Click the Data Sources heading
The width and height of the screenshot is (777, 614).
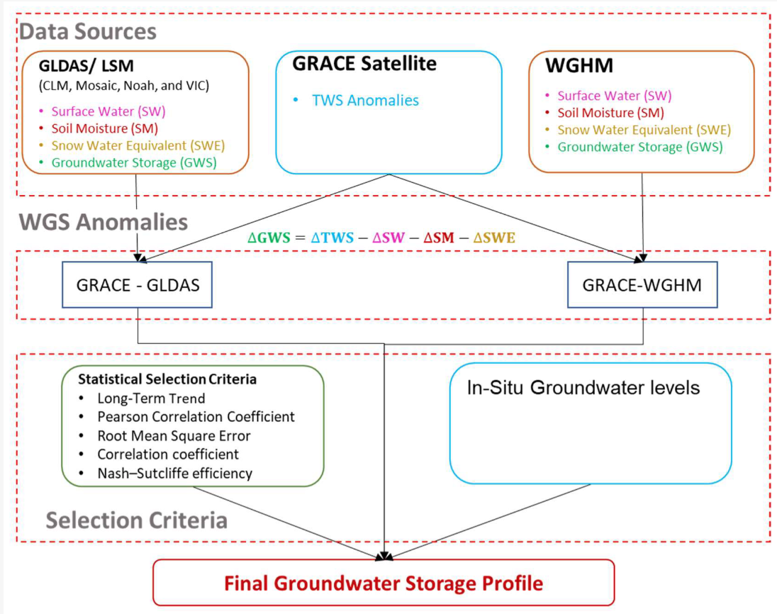click(x=87, y=31)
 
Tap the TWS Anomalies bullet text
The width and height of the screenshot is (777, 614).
click(x=365, y=100)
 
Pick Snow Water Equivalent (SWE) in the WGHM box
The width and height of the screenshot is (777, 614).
click(x=644, y=130)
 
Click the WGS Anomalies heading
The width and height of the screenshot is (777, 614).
click(x=103, y=222)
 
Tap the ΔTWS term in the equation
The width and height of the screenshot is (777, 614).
click(x=331, y=238)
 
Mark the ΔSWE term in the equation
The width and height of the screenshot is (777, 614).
click(x=494, y=238)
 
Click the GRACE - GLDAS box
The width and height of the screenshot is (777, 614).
click(x=136, y=285)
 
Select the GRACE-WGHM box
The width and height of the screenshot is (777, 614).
click(x=642, y=285)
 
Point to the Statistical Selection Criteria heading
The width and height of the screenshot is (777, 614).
click(x=167, y=379)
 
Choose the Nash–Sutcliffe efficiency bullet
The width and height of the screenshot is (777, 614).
click(x=174, y=473)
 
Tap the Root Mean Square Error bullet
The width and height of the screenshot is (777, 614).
click(x=174, y=435)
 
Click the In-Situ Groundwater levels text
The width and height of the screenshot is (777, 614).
click(x=583, y=388)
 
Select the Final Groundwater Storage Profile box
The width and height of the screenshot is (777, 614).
click(x=384, y=583)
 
